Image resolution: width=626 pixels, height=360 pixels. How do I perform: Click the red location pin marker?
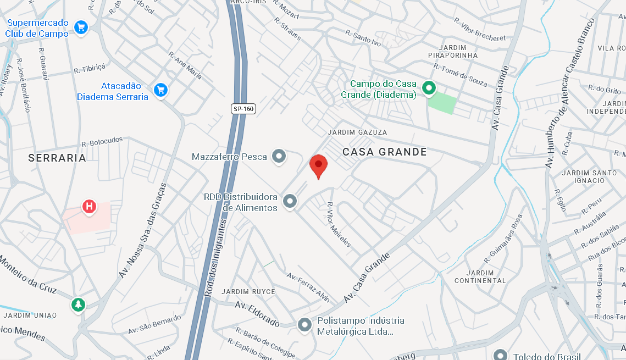point(318,164)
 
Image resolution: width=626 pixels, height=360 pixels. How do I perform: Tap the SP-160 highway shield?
point(243,109)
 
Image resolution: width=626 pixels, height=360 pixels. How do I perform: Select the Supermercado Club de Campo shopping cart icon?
point(81,27)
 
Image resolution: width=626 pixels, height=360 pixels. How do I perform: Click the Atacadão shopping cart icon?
point(160,90)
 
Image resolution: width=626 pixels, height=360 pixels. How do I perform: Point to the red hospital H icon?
point(88,207)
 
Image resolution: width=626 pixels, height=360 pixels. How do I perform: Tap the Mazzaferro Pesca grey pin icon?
point(279,157)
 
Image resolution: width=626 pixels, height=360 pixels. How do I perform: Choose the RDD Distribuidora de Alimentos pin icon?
point(290,202)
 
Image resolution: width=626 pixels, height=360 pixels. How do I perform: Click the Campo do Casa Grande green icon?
point(428,87)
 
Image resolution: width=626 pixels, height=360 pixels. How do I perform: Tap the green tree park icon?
point(78,304)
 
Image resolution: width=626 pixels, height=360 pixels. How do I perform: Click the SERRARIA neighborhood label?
point(58,158)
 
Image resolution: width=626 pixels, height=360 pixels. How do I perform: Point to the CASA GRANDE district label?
point(385,152)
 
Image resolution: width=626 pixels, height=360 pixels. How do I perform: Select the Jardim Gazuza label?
point(357,132)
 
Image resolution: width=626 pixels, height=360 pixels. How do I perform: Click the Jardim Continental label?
point(480,276)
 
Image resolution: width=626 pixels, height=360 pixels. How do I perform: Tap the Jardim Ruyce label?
point(248,291)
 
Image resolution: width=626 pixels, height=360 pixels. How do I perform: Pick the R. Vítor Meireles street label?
point(339,226)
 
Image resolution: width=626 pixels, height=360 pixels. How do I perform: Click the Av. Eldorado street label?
point(257,313)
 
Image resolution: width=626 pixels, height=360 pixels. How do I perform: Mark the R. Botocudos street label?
point(102,142)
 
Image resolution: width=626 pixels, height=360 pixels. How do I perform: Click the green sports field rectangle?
point(442,103)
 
